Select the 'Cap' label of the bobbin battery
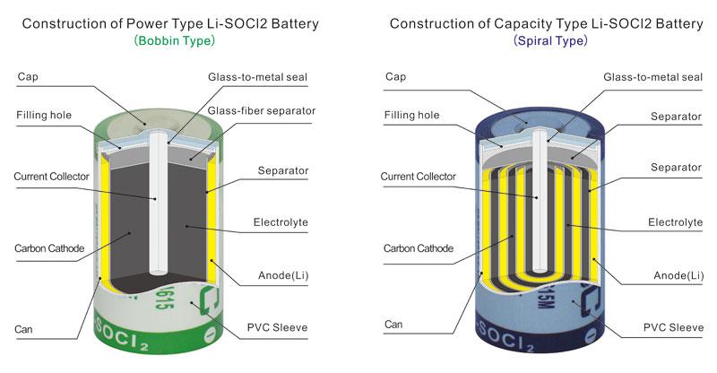28,77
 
